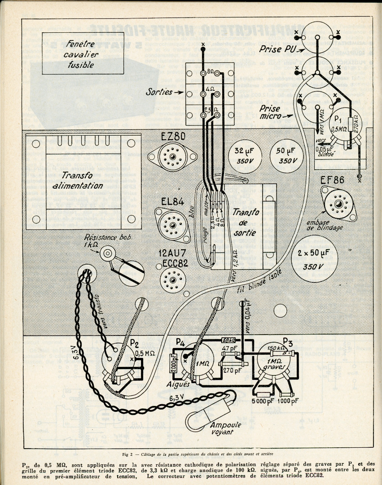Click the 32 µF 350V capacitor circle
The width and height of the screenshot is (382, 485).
(x=245, y=154)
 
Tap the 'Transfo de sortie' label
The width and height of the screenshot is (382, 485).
(x=245, y=220)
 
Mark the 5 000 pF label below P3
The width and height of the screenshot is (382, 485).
(x=262, y=401)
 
